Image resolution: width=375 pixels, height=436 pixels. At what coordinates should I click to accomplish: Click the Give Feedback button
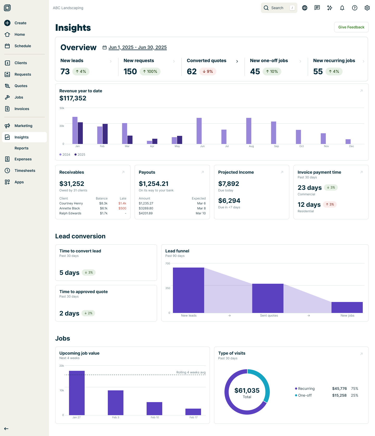351,27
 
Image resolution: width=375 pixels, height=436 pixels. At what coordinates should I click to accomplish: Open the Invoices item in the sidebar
22,109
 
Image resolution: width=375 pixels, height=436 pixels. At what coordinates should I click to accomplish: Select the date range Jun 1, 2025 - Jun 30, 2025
137,47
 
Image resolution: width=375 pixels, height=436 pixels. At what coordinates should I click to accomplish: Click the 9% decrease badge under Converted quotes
208,71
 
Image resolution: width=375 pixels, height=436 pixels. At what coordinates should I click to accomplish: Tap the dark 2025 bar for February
105,134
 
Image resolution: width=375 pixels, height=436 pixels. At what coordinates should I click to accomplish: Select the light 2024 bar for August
249,131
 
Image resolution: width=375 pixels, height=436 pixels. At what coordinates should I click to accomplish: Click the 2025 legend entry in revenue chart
80,155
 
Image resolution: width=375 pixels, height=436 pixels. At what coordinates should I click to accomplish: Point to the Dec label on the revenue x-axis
351,146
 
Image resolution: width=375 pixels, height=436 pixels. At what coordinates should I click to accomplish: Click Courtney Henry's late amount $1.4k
122,203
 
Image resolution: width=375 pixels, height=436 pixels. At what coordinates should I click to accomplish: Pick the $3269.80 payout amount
146,208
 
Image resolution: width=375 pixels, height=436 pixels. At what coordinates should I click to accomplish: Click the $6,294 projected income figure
229,201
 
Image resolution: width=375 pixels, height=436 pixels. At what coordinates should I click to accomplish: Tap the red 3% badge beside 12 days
330,204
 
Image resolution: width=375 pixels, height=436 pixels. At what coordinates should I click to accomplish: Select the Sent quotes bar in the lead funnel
267,298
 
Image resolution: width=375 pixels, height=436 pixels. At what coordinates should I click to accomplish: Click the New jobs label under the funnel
347,316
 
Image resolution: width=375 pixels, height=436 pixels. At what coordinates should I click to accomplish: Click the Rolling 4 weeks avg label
191,372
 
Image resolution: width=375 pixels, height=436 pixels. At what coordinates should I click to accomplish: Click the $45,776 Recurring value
339,389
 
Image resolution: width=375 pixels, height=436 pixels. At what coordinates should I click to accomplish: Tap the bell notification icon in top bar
342,8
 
